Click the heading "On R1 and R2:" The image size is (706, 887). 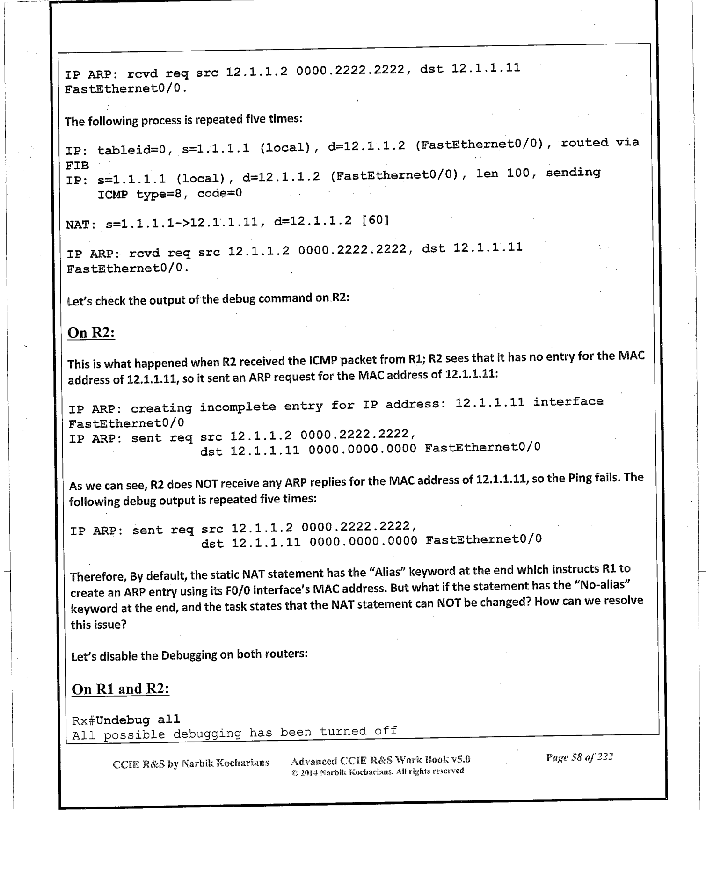(120, 689)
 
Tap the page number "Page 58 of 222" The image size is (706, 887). (579, 758)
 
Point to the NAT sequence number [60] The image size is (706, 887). (375, 220)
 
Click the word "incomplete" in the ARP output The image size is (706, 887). (237, 407)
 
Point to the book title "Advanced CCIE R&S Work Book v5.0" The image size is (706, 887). (380, 760)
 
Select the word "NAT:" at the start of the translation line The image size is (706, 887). (80, 225)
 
